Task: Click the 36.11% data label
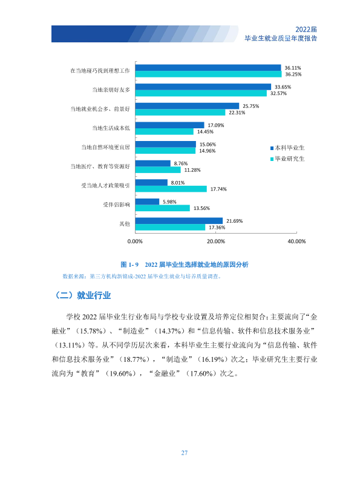(x=292, y=68)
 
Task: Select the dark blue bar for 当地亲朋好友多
(x=203, y=87)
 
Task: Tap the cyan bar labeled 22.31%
(x=180, y=113)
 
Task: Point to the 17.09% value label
(x=215, y=125)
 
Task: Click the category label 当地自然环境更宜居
(x=105, y=147)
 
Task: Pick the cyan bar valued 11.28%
(x=158, y=169)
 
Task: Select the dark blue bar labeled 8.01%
(x=151, y=182)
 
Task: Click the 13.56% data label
(x=201, y=208)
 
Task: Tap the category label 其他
(x=125, y=223)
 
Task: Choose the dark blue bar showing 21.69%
(x=179, y=221)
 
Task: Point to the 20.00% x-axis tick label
(x=215, y=241)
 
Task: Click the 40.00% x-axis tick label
(x=296, y=241)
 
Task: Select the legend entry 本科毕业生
(x=287, y=148)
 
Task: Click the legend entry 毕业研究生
(x=287, y=159)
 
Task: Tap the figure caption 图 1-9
(x=129, y=264)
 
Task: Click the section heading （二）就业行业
(x=83, y=295)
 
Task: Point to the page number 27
(x=184, y=453)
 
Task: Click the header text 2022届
(x=306, y=29)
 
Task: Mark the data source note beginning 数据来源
(x=142, y=277)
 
